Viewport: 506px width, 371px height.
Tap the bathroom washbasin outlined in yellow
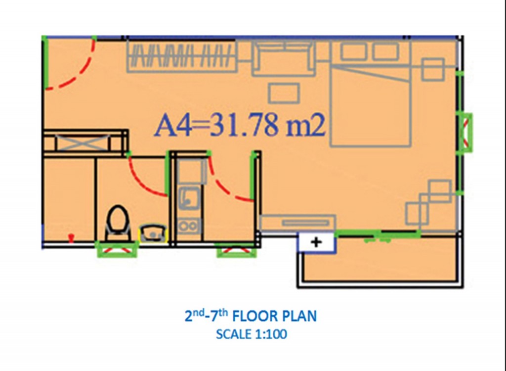pos(153,233)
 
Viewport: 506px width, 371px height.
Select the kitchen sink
pos(190,196)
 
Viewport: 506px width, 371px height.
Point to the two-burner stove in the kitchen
pos(189,226)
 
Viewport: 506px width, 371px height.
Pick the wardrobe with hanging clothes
pos(182,55)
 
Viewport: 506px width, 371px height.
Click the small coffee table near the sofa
pos(284,93)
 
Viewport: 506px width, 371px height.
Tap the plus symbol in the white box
pos(316,242)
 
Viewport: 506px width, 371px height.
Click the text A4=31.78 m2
pos(240,125)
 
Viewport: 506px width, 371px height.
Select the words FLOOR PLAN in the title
pos(275,316)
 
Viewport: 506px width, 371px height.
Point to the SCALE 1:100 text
pos(252,334)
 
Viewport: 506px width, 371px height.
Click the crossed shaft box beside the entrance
pos(85,142)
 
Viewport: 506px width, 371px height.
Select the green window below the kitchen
pos(237,250)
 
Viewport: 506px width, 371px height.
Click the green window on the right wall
pos(465,133)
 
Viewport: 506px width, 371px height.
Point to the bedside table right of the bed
pos(433,69)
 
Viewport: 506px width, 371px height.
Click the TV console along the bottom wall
pos(298,223)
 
